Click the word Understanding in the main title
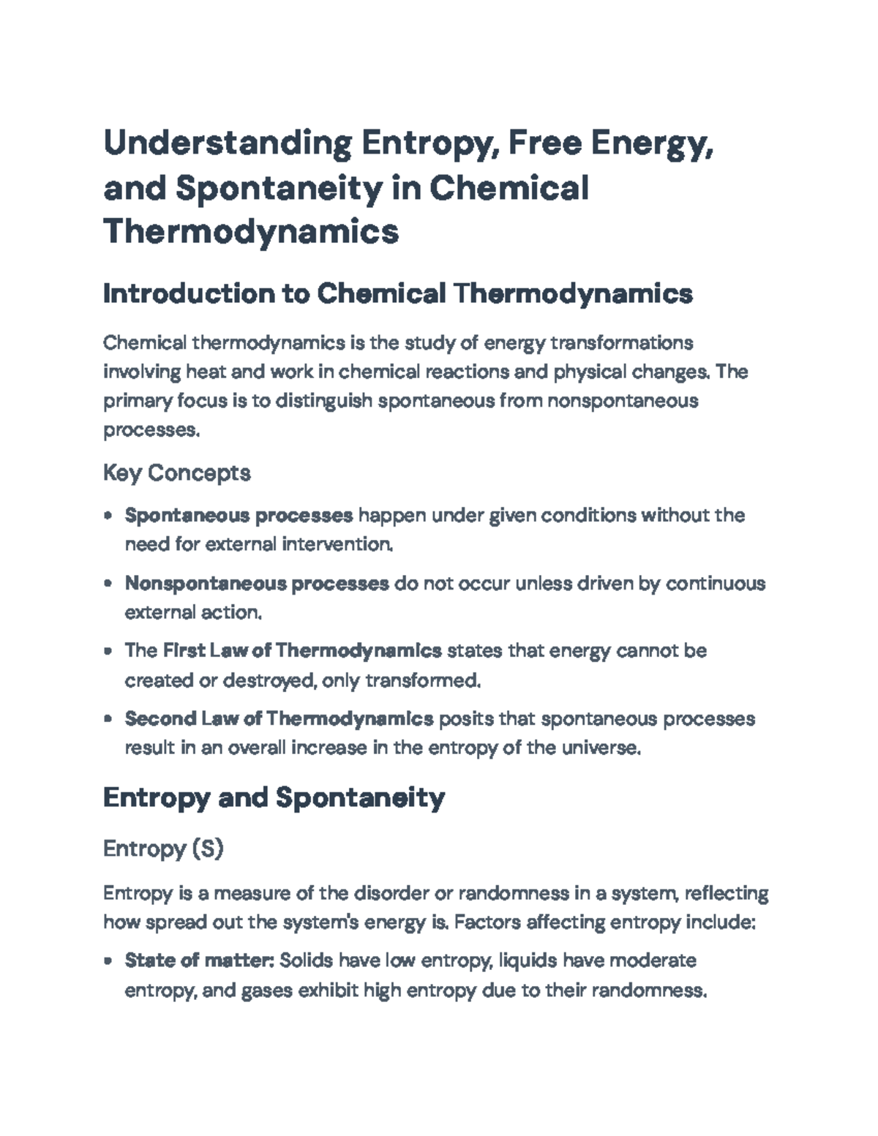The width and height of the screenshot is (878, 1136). click(x=228, y=143)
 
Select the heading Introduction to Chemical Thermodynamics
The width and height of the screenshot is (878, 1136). click(x=397, y=294)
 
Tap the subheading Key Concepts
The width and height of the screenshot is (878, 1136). click(x=177, y=473)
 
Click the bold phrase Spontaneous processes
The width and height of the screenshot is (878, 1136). click(x=239, y=516)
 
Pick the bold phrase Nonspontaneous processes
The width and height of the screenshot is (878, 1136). click(x=257, y=584)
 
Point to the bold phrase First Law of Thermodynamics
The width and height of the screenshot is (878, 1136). click(x=302, y=651)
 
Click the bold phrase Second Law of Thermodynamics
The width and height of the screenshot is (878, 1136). click(x=279, y=719)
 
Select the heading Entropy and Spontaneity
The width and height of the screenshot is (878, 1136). click(x=274, y=797)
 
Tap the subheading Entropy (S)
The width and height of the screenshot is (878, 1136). click(x=163, y=849)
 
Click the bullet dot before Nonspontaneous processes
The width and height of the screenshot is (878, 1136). click(x=108, y=584)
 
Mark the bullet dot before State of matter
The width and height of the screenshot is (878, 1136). click(x=108, y=961)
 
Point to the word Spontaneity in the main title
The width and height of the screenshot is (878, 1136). click(x=279, y=188)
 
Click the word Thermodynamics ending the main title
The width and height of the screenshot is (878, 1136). click(x=251, y=233)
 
